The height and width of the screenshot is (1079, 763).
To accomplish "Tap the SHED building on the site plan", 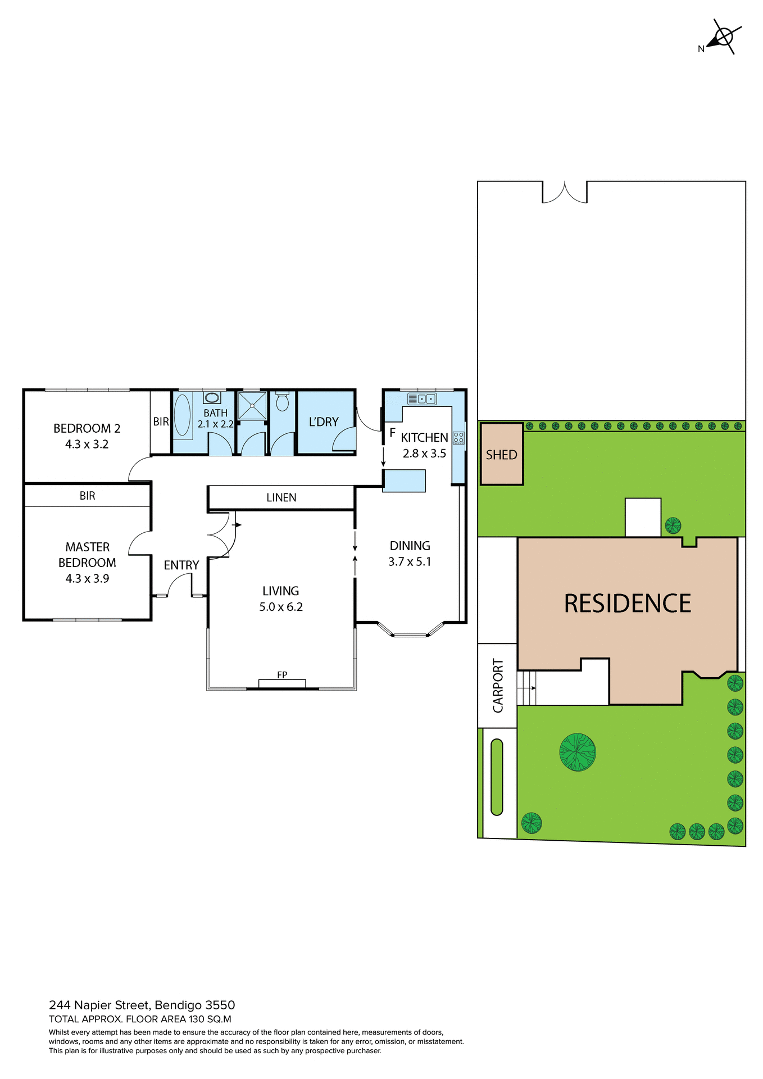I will click(501, 454).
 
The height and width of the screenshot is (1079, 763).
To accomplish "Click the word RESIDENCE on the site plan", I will click(627, 604).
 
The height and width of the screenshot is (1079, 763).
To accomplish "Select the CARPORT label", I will click(498, 685).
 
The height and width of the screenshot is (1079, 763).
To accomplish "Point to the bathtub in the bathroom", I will click(183, 416).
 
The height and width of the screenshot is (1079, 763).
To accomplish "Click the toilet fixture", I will click(282, 401).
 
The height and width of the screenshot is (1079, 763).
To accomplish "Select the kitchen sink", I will click(422, 399).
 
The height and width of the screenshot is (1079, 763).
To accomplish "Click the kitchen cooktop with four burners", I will click(458, 438).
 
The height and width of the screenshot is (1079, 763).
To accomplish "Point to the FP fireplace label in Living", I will click(282, 675).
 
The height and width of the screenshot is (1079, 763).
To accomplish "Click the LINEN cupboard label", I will click(281, 497).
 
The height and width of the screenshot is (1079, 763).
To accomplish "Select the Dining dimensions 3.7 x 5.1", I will click(410, 561).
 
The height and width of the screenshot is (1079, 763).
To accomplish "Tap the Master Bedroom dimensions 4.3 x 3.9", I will click(87, 578).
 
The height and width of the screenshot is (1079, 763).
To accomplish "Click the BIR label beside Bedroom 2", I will click(161, 421).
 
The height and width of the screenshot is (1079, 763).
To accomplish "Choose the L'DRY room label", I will click(324, 421).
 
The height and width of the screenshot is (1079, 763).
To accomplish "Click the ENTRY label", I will click(181, 565).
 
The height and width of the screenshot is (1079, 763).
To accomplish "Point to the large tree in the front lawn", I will click(577, 752).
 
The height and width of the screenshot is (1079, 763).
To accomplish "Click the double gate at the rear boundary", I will click(565, 192).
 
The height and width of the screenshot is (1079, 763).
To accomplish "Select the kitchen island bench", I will click(404, 481).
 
